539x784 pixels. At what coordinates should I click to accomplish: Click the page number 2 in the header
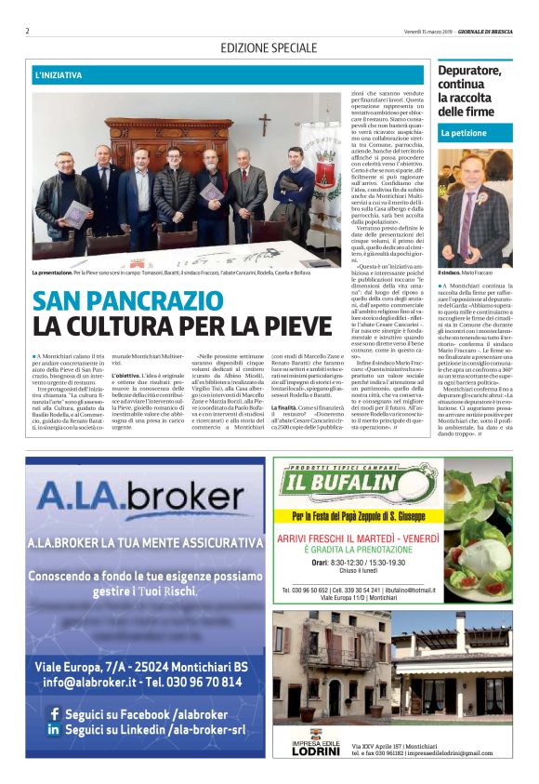pyautogui.click(x=28, y=31)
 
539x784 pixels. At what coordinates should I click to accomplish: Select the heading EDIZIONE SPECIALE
pyautogui.click(x=269, y=47)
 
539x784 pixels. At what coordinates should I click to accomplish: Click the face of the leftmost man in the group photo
pyautogui.click(x=72, y=156)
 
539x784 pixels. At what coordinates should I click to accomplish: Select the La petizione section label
pyautogui.click(x=464, y=134)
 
